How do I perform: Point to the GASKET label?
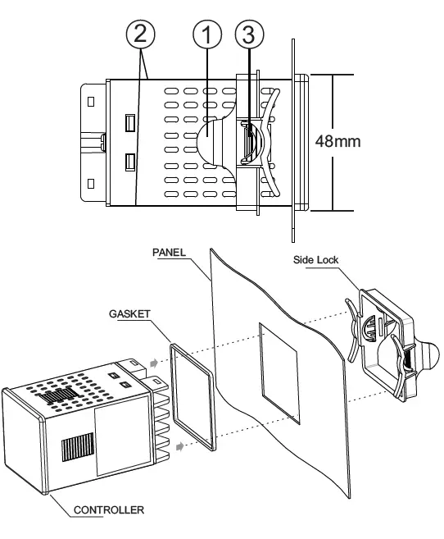pos(128,313)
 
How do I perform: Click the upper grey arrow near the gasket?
pos(156,359)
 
